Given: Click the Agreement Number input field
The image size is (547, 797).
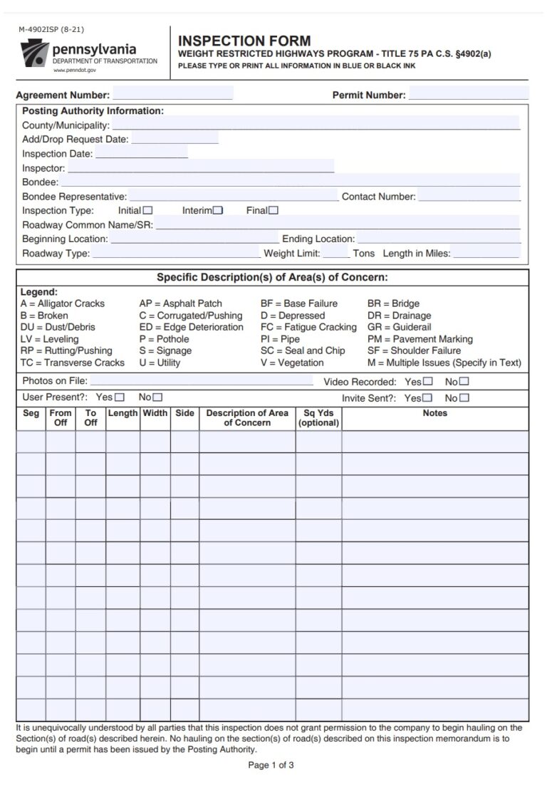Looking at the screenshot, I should (172, 94).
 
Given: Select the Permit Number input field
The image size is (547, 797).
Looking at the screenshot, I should (468, 94).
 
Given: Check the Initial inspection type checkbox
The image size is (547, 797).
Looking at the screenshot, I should (147, 210).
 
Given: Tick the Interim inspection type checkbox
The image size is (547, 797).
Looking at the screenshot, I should (218, 210).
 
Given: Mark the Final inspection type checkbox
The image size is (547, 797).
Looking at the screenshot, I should (273, 210).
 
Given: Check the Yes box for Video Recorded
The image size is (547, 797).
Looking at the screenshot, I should (427, 382).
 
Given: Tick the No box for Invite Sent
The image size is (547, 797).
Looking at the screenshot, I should (464, 398).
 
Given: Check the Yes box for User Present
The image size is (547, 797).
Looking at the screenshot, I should (119, 397).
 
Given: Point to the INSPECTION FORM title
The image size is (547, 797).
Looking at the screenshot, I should (244, 41).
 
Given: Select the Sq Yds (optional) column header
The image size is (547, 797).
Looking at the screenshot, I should (318, 418).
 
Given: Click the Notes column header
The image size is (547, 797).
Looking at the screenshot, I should (434, 413).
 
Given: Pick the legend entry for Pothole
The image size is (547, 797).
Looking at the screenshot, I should (164, 339).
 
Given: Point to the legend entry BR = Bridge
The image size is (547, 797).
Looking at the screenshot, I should (393, 303).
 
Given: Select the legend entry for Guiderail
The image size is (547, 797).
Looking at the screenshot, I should (399, 327).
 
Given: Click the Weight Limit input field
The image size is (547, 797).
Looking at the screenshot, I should (336, 253).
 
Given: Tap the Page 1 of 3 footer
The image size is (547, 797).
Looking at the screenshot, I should (271, 766).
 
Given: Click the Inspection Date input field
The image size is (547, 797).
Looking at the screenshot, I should (141, 153).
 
